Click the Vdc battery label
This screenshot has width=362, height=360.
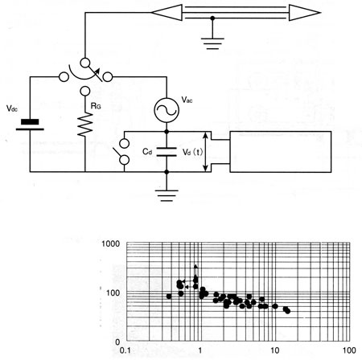coord(12,108)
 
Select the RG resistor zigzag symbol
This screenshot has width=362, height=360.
coord(85,125)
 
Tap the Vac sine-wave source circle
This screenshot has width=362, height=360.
coord(167,110)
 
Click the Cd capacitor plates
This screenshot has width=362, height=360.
coord(167,152)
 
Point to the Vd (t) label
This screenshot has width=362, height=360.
coord(192,152)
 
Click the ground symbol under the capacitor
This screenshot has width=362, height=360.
coord(167,195)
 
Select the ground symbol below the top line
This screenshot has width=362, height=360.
coord(212,43)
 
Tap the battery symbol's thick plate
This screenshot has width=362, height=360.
coord(30,122)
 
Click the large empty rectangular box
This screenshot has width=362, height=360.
coord(281,152)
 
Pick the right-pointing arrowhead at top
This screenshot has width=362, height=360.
coord(304,13)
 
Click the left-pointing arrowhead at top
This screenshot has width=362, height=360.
coord(167,13)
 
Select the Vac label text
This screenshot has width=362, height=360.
coord(187,100)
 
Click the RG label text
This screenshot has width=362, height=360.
coord(96,106)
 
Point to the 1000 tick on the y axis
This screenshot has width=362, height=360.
coord(111,243)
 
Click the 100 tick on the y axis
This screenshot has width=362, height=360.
coord(113,293)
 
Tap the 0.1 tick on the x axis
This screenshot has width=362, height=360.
coord(125,350)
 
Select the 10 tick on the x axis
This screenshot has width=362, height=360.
coord(275,350)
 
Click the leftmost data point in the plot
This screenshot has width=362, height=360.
coord(169,297)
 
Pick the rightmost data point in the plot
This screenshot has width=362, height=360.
coord(288,311)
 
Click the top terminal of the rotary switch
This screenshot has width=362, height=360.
coord(85,63)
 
